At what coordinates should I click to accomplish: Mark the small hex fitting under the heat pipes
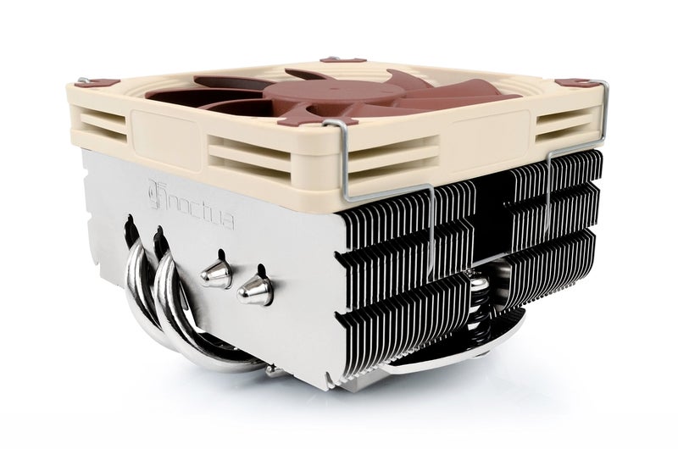pos(271,371)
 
